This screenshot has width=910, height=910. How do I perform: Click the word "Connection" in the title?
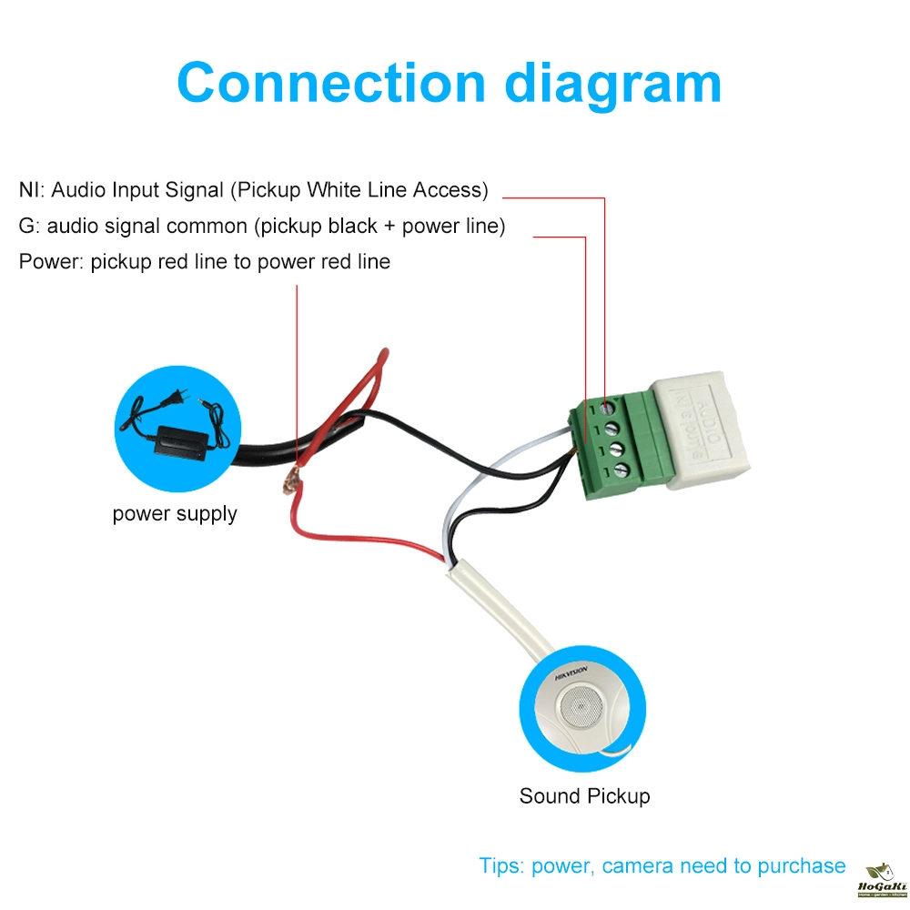[x=332, y=83]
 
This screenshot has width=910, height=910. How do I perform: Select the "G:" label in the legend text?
[x=29, y=226]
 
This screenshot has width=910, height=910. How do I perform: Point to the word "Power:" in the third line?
[x=51, y=262]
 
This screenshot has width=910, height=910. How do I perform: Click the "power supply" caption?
[x=175, y=514]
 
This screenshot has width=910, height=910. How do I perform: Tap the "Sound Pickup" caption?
[x=584, y=796]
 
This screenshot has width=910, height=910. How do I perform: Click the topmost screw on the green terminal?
[x=608, y=410]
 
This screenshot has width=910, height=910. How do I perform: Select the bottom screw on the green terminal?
[x=622, y=470]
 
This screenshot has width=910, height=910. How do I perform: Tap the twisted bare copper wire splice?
[x=293, y=480]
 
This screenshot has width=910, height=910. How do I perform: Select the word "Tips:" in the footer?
[x=501, y=865]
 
